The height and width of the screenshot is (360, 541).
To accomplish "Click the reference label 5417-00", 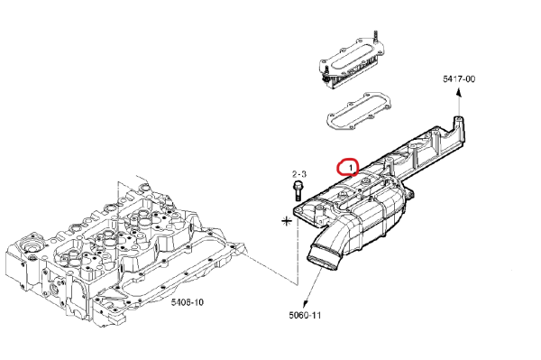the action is (x=459, y=79).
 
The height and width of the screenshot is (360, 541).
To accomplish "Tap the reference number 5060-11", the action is (x=305, y=315).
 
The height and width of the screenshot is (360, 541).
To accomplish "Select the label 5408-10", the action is (x=188, y=302).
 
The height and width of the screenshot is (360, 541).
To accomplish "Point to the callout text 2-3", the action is (x=298, y=174).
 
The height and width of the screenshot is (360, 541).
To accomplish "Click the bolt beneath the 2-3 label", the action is (x=298, y=191).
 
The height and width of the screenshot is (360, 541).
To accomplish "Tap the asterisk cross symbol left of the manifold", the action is (x=287, y=221).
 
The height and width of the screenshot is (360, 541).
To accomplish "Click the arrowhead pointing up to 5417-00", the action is (x=459, y=92).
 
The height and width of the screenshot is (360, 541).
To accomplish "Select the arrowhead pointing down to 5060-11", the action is (x=306, y=304).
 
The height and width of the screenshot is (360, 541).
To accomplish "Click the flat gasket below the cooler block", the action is (x=359, y=110).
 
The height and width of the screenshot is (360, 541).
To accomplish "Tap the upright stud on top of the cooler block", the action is (x=375, y=37).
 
